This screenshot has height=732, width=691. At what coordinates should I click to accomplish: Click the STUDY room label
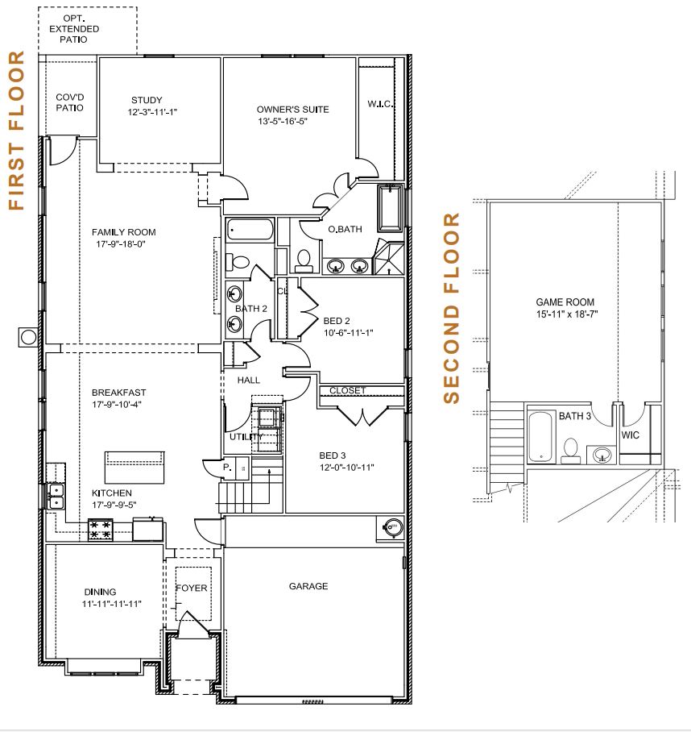coord(147,100)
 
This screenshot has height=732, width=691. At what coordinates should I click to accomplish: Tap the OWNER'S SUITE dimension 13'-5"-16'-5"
coord(283,122)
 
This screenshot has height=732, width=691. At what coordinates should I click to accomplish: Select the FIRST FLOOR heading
coord(16,131)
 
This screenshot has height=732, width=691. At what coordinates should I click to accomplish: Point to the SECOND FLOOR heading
coord(451,308)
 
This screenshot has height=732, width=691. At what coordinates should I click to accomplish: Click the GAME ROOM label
coord(565,302)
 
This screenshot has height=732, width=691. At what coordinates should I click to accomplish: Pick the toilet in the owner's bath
coord(304,261)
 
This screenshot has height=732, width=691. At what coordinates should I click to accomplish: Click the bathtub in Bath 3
coord(541,436)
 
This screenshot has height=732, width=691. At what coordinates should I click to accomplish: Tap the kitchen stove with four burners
coord(101,530)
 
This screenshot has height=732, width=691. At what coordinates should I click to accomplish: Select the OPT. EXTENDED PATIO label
coord(74,29)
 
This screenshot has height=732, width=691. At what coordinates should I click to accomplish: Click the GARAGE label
coord(308,586)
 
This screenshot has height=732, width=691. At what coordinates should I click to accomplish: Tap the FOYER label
coord(191,589)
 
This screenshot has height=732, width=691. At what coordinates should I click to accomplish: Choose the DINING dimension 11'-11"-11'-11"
coord(111,604)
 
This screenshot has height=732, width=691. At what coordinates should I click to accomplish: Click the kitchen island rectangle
coord(134,468)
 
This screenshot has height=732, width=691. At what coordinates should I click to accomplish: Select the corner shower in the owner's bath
coord(389,256)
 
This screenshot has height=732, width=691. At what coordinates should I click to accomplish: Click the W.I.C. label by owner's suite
coord(380,104)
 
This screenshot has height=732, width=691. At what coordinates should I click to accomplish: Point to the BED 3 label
coord(333,455)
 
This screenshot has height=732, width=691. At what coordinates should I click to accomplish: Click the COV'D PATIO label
coord(70,102)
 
